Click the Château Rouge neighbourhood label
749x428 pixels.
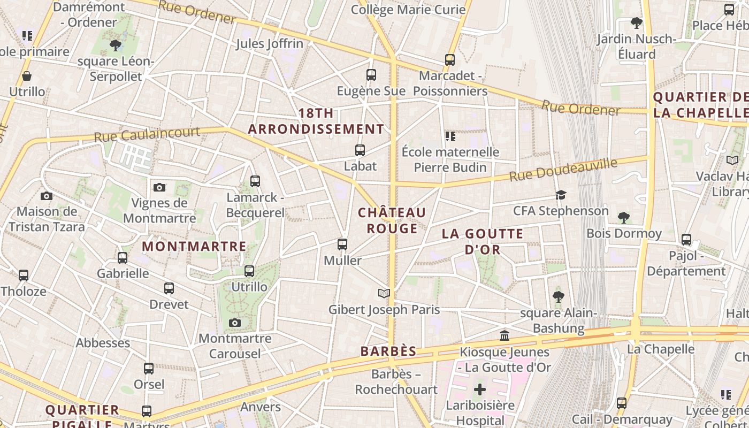(392, 220)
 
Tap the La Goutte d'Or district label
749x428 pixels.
(483, 241)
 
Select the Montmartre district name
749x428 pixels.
(194, 247)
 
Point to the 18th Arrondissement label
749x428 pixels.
(316, 121)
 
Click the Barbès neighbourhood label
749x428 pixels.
(388, 351)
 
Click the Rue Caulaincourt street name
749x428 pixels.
(147, 134)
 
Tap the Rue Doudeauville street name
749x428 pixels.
(563, 169)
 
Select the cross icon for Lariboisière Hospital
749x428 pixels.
(480, 389)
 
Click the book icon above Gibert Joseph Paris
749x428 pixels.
(384, 293)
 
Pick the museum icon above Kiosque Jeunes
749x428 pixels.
(504, 336)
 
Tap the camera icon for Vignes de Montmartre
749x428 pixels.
(159, 187)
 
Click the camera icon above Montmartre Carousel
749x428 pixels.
(234, 323)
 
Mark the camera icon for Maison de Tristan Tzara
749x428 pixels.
(47, 196)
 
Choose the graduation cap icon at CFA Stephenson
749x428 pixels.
(561, 195)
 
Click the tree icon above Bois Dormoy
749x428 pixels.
(623, 217)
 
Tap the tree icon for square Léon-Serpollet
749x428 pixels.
(116, 45)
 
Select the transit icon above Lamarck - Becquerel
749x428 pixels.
(255, 181)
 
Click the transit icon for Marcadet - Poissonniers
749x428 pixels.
(450, 60)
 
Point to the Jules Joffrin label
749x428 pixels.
(270, 44)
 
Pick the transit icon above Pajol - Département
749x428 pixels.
(686, 240)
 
